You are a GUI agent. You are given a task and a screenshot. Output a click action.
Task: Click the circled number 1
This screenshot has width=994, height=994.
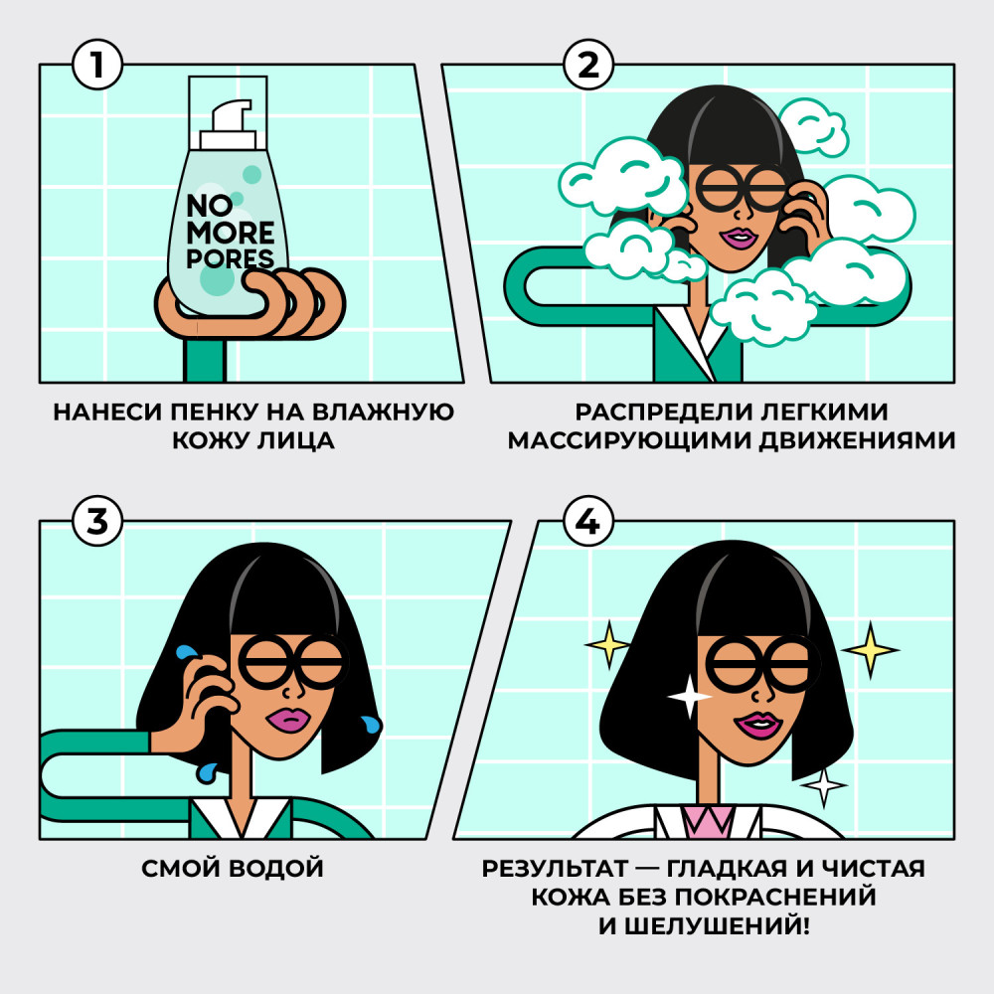(97, 65)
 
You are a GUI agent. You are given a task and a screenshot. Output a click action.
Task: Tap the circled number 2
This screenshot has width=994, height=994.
(588, 65)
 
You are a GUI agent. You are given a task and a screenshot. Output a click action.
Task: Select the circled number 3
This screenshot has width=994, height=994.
(97, 521)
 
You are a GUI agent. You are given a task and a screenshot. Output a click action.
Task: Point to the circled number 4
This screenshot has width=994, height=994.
(588, 521)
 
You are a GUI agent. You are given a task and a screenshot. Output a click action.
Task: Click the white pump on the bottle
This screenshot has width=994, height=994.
(229, 124)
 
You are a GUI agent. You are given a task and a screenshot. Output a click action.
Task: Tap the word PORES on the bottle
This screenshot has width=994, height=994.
(231, 258)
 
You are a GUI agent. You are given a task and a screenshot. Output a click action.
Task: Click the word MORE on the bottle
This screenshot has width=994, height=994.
(231, 233)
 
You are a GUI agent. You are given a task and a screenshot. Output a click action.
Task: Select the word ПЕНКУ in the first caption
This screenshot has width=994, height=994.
(215, 413)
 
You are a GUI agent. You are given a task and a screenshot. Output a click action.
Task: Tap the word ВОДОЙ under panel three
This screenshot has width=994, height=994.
(276, 869)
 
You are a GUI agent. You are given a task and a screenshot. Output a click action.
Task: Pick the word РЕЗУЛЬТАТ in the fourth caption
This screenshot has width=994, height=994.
(555, 869)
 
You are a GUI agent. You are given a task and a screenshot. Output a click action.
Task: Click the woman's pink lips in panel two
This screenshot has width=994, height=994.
(740, 239)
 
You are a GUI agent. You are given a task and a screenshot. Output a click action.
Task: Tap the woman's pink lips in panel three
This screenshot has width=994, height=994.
(287, 720)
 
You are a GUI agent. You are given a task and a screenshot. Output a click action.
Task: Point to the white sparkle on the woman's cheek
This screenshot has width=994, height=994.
(689, 697)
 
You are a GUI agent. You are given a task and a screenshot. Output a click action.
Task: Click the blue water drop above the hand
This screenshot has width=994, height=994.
(186, 653)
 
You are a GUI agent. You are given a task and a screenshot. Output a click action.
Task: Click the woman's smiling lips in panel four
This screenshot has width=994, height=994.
(757, 725)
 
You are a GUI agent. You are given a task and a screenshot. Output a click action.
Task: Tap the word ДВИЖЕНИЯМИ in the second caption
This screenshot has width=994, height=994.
(857, 440)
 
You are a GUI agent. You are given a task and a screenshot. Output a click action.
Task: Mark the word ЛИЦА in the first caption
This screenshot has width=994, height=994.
(295, 440)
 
